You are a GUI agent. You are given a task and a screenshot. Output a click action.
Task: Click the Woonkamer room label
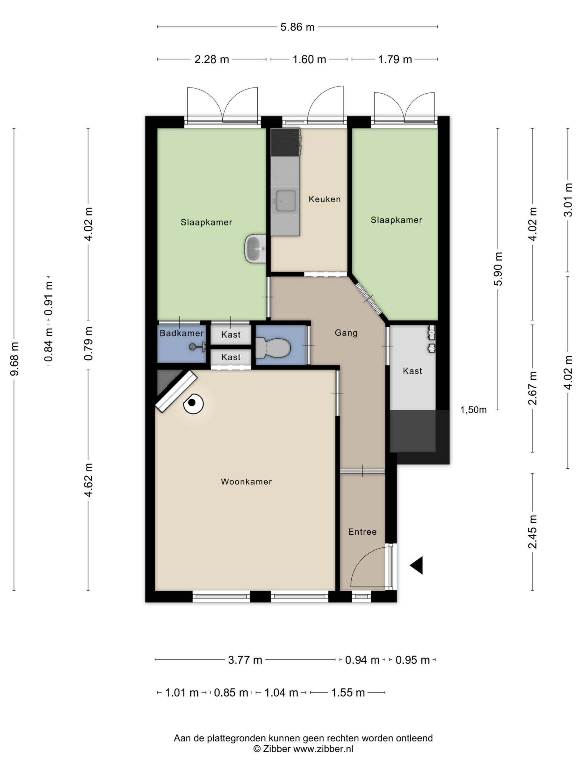click(x=246, y=481)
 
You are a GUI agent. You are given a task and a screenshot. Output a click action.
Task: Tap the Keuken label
click(x=325, y=199)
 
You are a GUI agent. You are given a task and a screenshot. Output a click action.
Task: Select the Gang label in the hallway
click(x=346, y=332)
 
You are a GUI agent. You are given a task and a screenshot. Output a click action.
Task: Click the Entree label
click(x=363, y=532)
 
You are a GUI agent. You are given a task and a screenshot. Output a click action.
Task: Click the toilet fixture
click(x=273, y=348)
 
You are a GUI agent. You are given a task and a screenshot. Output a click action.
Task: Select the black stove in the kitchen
click(x=286, y=142)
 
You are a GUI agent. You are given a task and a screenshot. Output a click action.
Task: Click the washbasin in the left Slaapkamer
click(x=255, y=249)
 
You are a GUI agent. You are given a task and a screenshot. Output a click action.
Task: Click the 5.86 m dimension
click(x=297, y=27)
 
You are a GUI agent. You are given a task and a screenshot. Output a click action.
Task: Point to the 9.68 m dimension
click(x=14, y=359)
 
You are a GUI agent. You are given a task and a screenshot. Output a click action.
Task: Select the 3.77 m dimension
click(x=245, y=660)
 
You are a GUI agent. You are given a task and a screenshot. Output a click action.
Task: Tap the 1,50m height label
click(x=473, y=410)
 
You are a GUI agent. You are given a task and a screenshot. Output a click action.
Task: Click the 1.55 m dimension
click(x=348, y=692)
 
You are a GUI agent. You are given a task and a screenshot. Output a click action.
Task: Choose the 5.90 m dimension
click(x=498, y=269)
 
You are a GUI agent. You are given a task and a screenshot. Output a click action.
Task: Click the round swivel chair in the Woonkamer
click(x=193, y=404)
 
